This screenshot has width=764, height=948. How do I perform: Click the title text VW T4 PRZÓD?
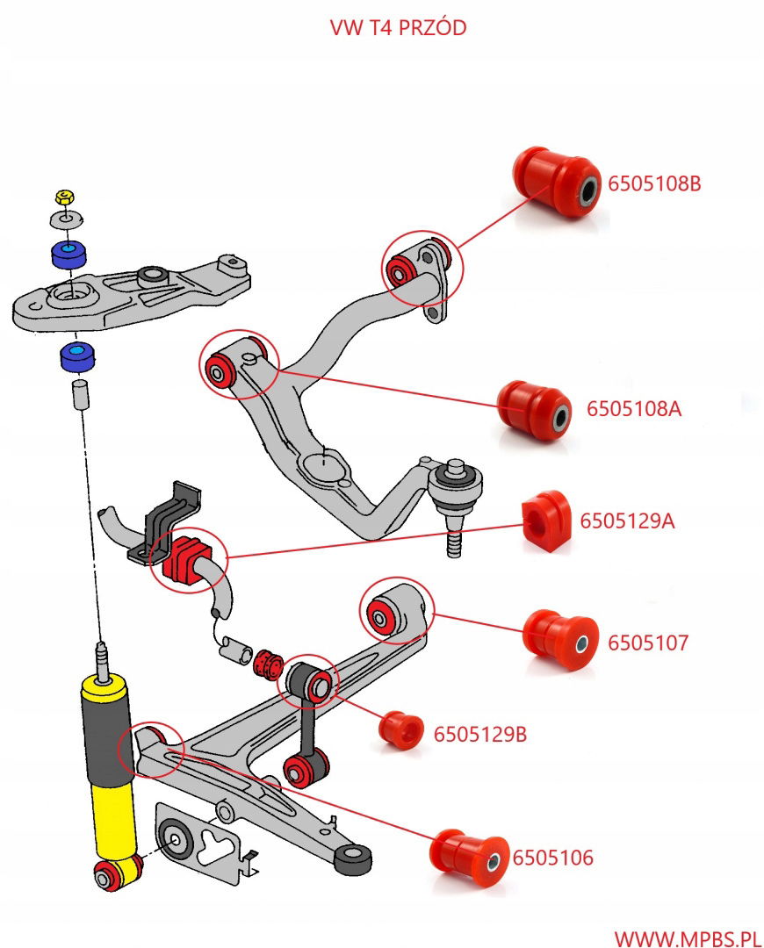point(398,28)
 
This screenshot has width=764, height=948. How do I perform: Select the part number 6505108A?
point(634,409)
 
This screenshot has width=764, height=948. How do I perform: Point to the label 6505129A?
point(627,521)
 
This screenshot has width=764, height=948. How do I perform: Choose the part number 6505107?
point(648,643)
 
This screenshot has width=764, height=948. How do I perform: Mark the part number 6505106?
point(553,858)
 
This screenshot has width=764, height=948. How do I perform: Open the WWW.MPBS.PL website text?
point(687,938)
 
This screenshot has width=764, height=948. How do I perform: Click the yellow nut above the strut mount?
point(63,196)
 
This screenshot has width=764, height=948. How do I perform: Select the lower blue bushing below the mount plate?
point(78,358)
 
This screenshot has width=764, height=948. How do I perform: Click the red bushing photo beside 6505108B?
point(555,183)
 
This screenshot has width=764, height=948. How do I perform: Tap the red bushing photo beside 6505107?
point(561,638)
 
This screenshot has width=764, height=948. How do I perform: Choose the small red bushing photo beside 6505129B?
point(401,731)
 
